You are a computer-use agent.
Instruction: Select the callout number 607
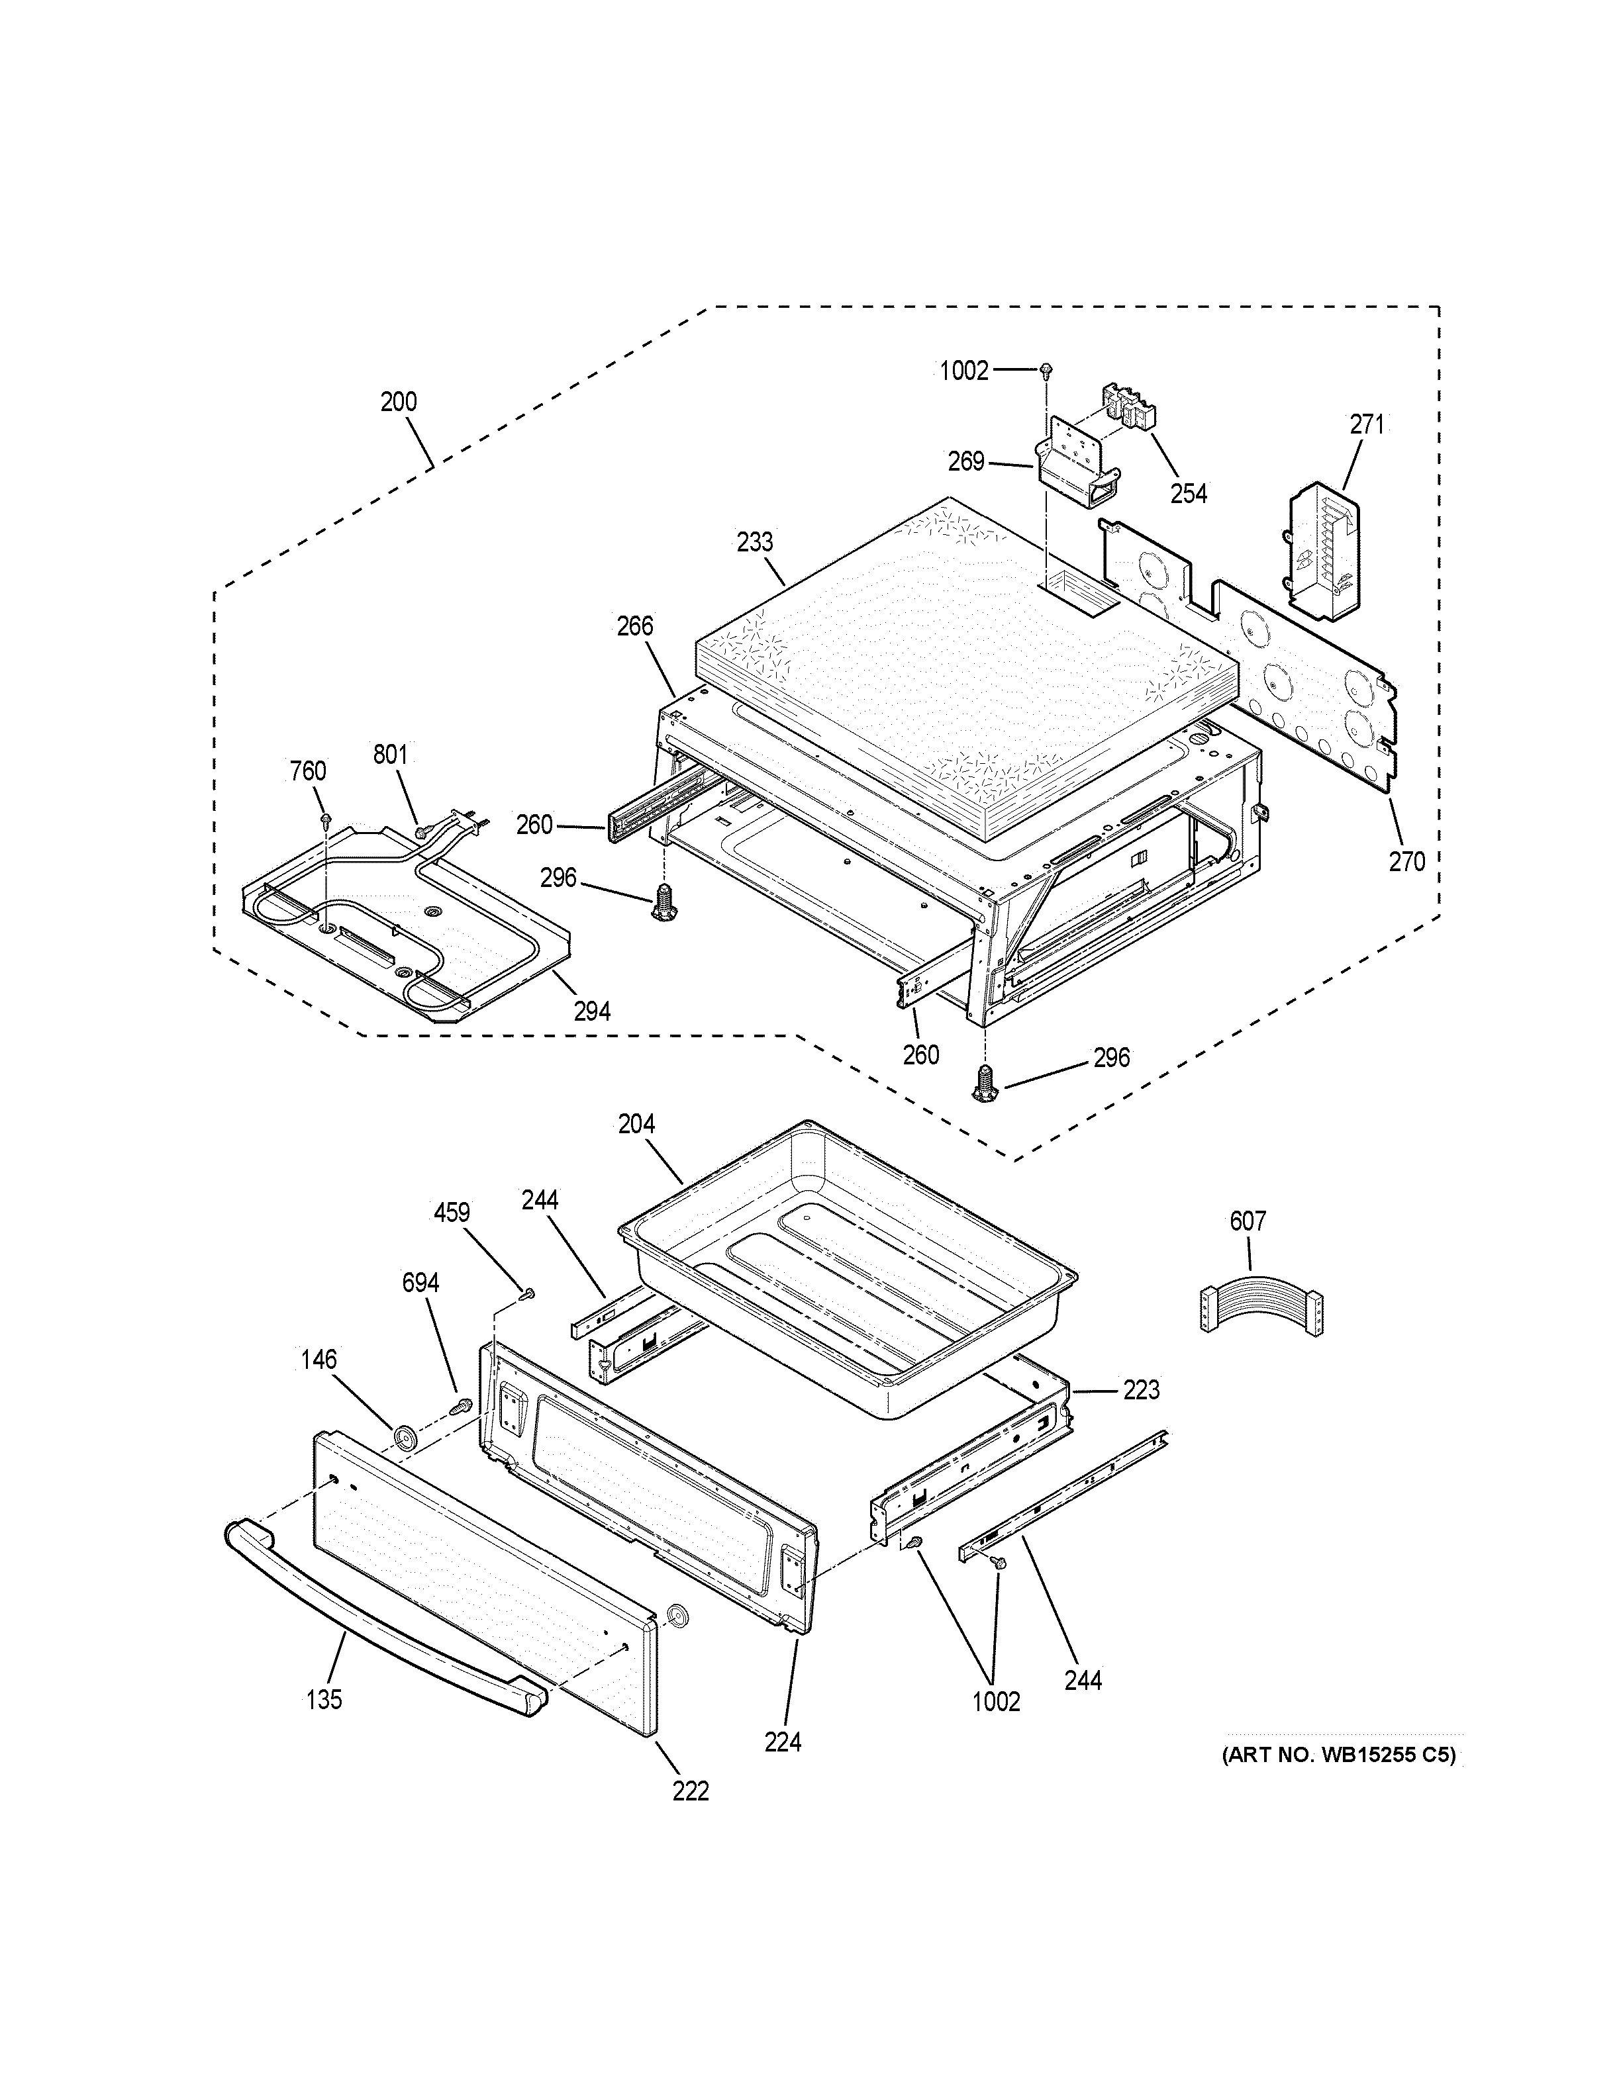click(x=1248, y=1221)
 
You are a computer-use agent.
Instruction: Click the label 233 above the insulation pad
click(x=755, y=541)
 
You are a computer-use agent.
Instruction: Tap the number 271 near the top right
click(x=1367, y=424)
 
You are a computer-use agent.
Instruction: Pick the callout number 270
click(x=1407, y=861)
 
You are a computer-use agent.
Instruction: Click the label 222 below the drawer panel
click(x=691, y=1790)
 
